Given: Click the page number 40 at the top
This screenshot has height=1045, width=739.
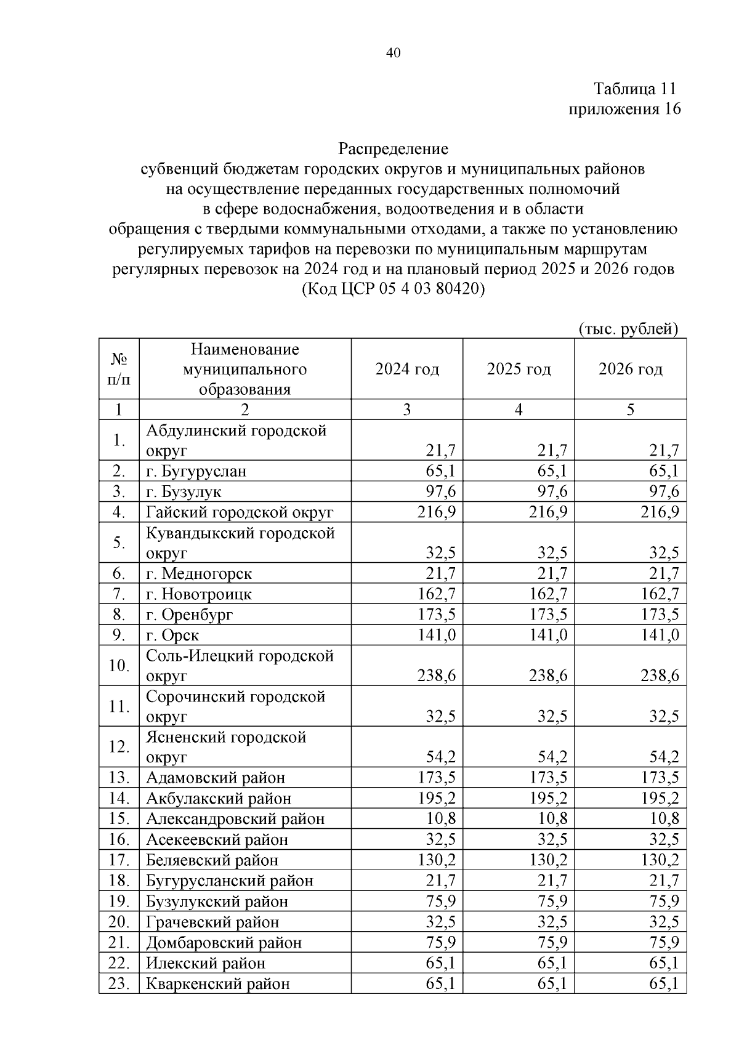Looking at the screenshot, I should tap(394, 53).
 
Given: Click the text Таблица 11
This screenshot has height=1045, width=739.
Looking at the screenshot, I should tap(635, 89).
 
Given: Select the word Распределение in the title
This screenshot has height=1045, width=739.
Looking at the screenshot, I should tap(393, 149).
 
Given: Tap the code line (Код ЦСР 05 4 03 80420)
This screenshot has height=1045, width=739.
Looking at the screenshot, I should tap(394, 289).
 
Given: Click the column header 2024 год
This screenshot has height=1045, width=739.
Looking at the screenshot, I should tap(407, 369).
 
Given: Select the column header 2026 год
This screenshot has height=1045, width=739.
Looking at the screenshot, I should tap(630, 369).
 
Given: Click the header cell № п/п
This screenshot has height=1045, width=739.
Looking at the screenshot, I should tap(119, 369).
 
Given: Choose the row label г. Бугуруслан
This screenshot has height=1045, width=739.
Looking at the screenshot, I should tap(196, 472).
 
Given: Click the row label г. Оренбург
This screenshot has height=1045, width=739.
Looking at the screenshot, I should tap(190, 615).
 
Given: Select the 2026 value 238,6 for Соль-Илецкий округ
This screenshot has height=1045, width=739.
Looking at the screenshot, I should tap(660, 676).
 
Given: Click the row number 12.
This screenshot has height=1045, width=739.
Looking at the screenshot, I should tap(119, 747).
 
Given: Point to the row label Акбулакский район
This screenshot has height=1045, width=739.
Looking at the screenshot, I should tap(219, 799).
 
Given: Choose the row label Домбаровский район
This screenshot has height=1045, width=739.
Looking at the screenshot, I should tap(224, 943).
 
